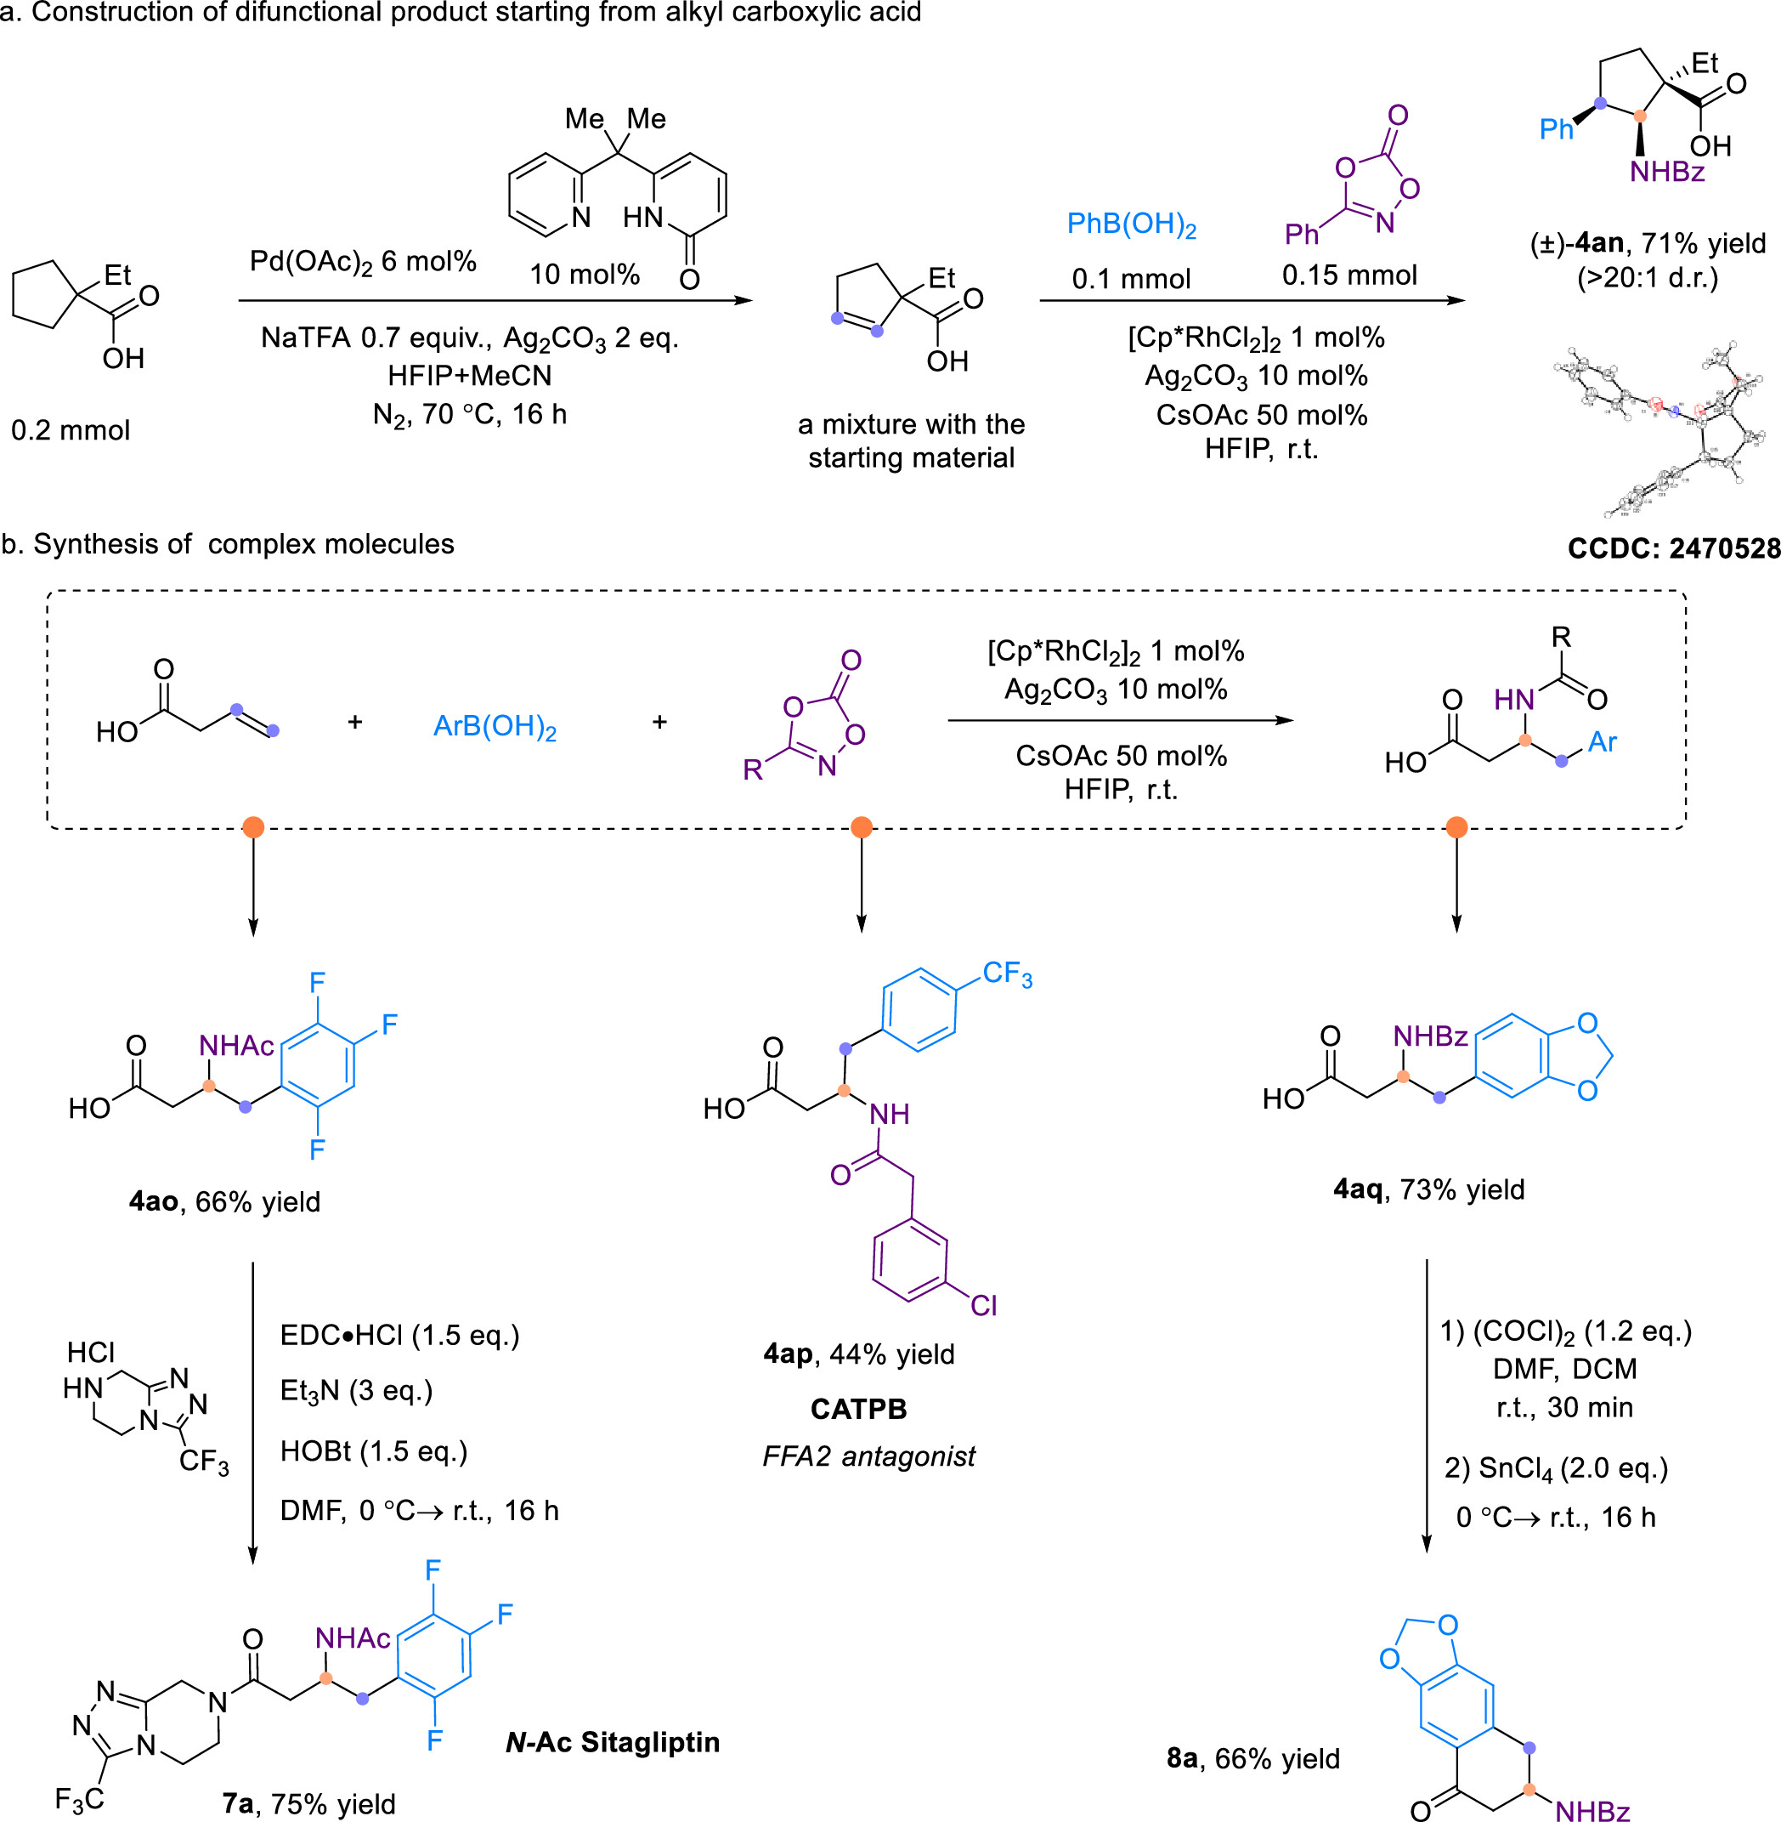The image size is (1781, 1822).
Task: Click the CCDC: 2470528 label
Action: point(1673,548)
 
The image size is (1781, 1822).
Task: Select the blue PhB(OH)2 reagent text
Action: point(1131,225)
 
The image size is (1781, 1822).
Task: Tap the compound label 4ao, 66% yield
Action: point(224,1201)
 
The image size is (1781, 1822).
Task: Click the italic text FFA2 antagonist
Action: point(868,1456)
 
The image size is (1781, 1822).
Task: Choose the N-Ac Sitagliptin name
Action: point(613,1741)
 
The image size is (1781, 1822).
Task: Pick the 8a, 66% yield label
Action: point(1252,1758)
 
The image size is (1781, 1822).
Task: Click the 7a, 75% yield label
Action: point(308,1803)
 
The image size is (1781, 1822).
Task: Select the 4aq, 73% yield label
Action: point(1428,1189)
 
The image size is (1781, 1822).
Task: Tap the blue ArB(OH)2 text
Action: point(495,727)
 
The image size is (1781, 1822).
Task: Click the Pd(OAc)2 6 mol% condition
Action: point(363,262)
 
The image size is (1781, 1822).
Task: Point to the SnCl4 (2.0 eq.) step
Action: point(1556,1469)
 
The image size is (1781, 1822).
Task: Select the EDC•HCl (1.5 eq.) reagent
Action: point(399,1336)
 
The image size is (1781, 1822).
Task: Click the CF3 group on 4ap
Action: point(1007,974)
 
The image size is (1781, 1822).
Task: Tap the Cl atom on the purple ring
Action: point(983,1305)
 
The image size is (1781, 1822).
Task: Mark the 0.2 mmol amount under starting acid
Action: point(71,430)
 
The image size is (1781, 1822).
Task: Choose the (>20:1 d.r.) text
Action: point(1648,278)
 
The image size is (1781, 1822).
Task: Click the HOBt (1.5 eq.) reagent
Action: point(373,1451)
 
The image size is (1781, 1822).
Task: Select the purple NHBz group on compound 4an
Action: point(1667,173)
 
